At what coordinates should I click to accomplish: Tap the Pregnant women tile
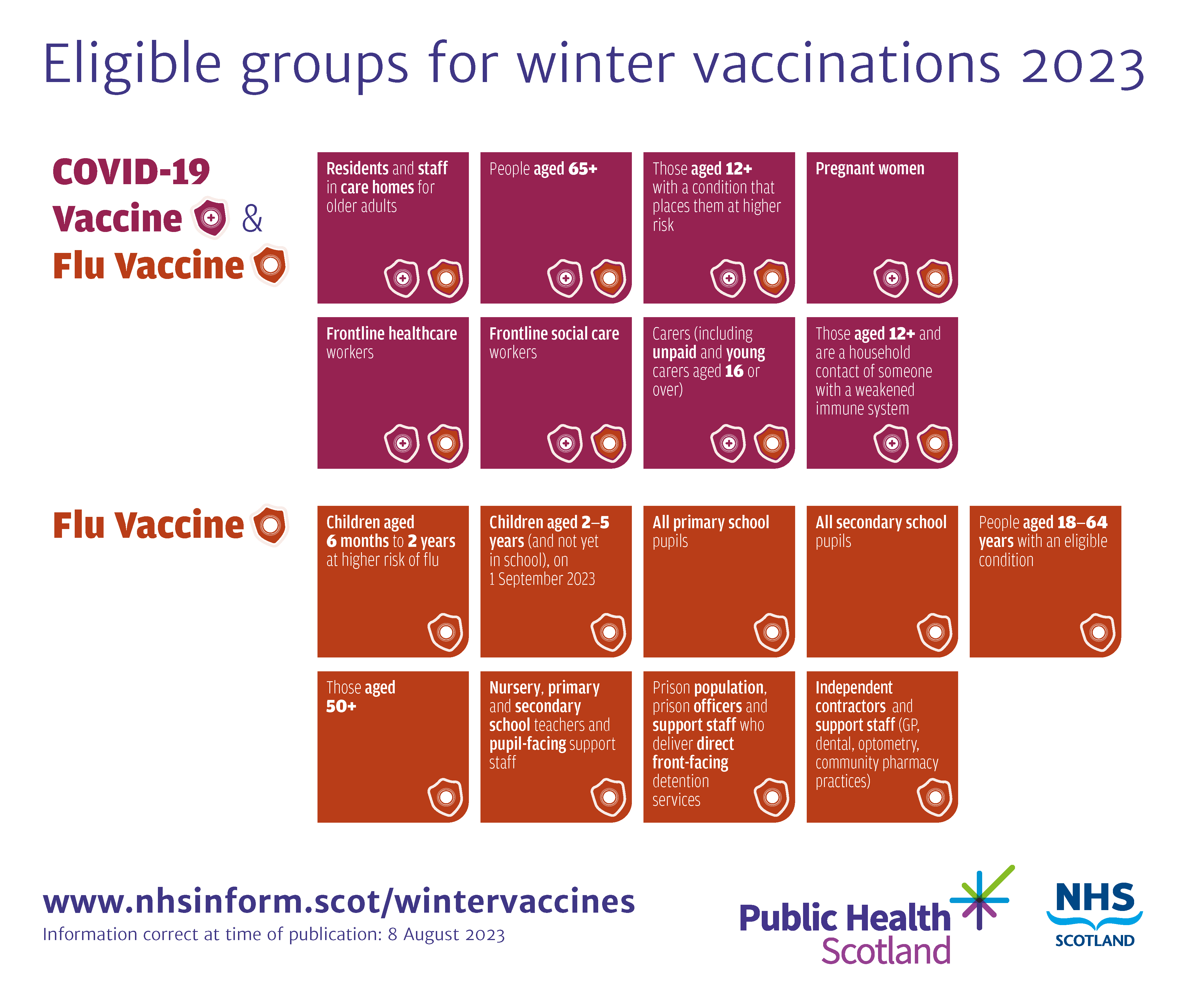point(882,227)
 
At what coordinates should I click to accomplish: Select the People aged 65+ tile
point(555,227)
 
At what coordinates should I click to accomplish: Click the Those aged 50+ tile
point(392,747)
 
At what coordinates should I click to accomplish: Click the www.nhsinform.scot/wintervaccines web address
point(339,902)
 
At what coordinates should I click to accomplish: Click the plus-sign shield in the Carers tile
point(728,443)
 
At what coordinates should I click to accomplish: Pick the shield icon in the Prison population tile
point(772,797)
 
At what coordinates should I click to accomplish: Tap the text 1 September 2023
point(542,579)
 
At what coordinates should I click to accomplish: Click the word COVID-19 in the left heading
point(131,172)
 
